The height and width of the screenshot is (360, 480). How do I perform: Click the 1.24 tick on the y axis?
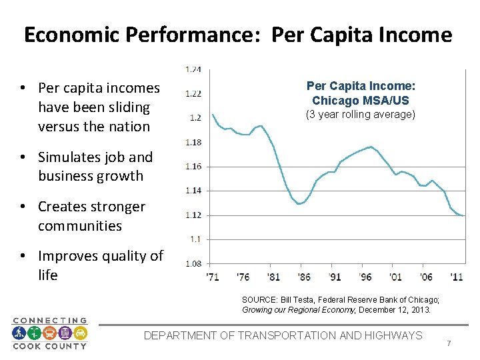click(193, 69)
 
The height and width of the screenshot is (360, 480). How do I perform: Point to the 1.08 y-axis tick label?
click(193, 263)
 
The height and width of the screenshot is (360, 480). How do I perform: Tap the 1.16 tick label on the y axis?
click(193, 166)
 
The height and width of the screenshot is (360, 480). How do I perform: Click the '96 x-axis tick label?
click(365, 277)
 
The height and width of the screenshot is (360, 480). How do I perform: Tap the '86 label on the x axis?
click(305, 277)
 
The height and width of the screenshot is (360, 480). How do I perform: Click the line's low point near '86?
click(300, 203)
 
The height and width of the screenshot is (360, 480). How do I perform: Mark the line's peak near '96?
click(370, 147)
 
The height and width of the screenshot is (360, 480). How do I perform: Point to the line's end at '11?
click(463, 215)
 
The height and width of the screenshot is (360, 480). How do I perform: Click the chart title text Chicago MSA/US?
click(361, 100)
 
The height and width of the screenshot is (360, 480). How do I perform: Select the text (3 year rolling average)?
click(361, 115)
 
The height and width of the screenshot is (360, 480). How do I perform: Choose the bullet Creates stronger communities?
click(91, 216)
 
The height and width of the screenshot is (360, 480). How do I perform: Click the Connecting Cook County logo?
click(49, 333)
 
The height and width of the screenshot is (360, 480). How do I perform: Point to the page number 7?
click(449, 343)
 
